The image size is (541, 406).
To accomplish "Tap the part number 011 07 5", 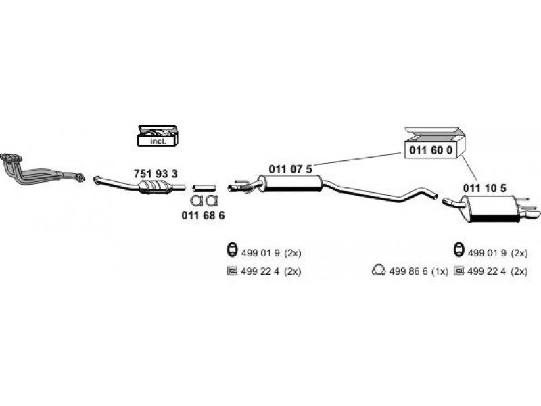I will point(291,169).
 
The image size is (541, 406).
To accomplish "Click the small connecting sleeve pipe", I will point(204,187).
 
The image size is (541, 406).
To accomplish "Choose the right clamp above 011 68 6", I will point(211,200).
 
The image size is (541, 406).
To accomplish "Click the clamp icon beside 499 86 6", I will point(378,271).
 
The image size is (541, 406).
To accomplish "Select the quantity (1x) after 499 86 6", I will point(440,271).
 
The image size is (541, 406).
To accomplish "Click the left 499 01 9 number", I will point(260,253).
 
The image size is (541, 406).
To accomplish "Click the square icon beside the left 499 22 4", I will point(231,271).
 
